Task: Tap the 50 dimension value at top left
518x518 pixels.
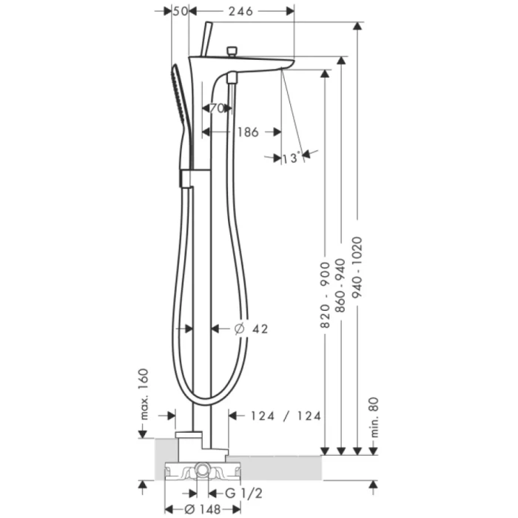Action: point(179,11)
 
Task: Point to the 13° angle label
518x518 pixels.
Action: point(290,158)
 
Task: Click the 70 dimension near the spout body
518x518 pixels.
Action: point(216,109)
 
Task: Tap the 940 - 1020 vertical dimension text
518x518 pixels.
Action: point(358,267)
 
